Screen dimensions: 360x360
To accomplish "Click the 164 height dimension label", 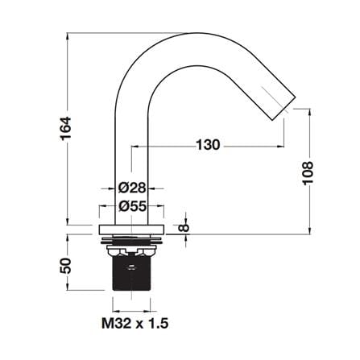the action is [x=66, y=128].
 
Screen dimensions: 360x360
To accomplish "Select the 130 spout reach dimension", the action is [x=209, y=145].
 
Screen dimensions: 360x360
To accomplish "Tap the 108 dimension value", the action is [x=308, y=173].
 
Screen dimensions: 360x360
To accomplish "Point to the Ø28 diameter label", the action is [x=132, y=188].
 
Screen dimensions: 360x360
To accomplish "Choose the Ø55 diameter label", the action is [x=133, y=206].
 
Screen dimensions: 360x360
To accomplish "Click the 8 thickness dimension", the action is [x=184, y=228].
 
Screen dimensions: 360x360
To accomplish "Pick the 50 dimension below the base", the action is [x=65, y=266].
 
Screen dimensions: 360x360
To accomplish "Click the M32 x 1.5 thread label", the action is [x=135, y=323].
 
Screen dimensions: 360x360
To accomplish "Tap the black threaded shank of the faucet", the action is [x=131, y=273].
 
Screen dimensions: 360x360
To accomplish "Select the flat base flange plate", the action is [x=131, y=229].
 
